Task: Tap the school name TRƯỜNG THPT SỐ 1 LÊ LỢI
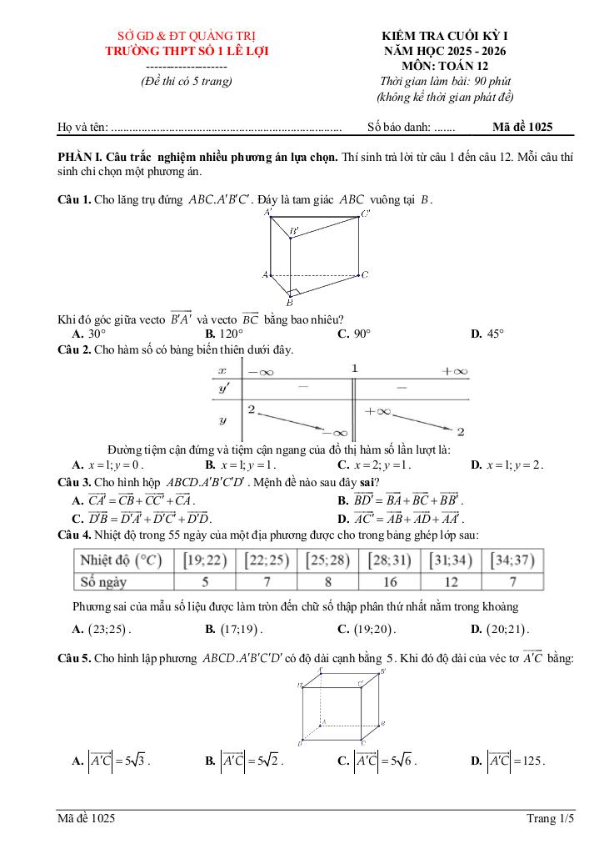(x=186, y=51)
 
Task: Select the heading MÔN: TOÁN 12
(x=444, y=66)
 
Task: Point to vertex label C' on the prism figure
(x=365, y=214)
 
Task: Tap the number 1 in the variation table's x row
(x=354, y=369)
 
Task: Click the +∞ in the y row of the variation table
(x=378, y=410)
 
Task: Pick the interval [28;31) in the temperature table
(x=389, y=560)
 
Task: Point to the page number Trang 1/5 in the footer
(x=550, y=819)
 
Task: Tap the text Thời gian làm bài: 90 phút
(x=444, y=81)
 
